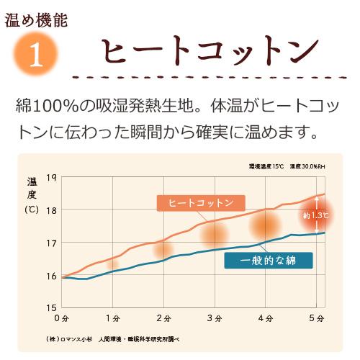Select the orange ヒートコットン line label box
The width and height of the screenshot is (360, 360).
coord(201,203)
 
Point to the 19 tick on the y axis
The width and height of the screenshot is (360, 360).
coord(51,178)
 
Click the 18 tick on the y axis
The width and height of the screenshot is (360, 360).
coord(51,210)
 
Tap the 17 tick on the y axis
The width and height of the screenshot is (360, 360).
coord(51,243)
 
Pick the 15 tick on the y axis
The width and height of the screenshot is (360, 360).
coord(51,308)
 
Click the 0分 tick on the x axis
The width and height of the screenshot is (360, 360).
coord(62,318)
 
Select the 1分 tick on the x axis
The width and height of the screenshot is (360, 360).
coord(112,318)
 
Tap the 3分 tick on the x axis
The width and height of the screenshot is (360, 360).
coord(213,318)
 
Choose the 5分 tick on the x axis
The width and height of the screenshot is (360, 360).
coord(314,318)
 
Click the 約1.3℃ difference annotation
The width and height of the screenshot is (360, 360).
coord(315,215)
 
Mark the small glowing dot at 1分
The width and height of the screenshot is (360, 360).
coord(112,264)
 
